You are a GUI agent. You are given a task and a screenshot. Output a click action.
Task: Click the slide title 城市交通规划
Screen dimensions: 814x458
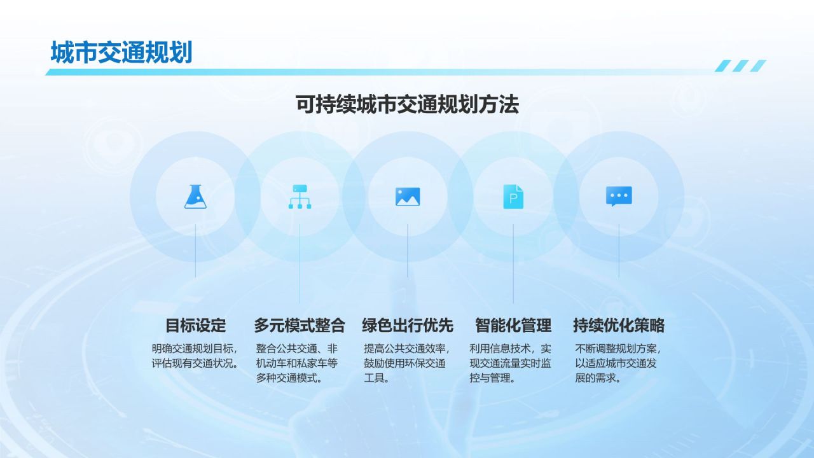[121, 52]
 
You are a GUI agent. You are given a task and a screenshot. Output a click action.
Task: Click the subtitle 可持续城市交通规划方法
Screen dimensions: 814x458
[407, 104]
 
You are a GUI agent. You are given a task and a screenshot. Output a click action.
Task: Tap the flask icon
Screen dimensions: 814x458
[195, 197]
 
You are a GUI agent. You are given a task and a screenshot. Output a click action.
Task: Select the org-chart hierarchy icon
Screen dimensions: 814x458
[300, 197]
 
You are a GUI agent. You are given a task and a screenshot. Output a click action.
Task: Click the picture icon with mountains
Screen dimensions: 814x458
[408, 197]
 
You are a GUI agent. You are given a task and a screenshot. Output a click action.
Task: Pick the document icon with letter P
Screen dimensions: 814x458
[513, 197]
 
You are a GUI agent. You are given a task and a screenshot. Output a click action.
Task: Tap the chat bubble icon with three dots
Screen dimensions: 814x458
[619, 197]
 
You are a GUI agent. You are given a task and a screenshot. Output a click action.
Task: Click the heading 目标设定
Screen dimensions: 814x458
[195, 325]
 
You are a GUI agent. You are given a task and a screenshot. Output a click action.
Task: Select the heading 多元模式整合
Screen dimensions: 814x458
[300, 325]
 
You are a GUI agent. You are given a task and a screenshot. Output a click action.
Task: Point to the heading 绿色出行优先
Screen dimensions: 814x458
[408, 325]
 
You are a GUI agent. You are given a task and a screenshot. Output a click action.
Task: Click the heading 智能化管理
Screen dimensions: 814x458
[513, 325]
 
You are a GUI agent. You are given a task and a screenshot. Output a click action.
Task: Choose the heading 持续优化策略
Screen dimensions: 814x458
[619, 325]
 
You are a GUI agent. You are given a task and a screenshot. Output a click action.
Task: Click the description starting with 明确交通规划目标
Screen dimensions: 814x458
[195, 356]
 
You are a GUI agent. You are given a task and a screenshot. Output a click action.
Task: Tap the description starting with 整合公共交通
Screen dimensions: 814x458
[297, 363]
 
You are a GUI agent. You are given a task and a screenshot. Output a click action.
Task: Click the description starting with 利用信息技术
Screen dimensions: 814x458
[510, 363]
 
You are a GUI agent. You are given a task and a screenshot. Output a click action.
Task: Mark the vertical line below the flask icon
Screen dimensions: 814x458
[195, 251]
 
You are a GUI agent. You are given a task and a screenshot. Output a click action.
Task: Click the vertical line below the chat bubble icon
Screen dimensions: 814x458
[619, 251]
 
